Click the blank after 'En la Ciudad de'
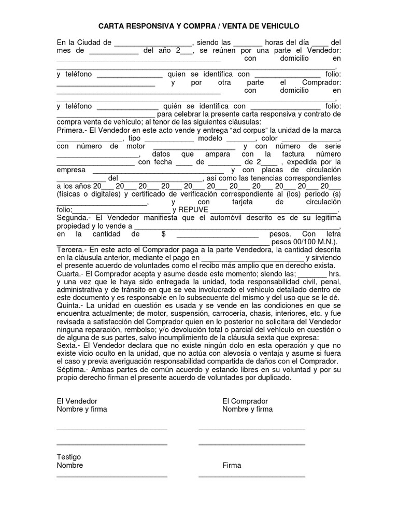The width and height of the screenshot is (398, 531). pyautogui.click(x=153, y=43)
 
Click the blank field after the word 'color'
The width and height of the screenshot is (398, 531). pyautogui.click(x=310, y=139)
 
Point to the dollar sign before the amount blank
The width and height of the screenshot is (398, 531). pyautogui.click(x=163, y=234)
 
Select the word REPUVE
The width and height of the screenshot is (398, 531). pyautogui.click(x=193, y=210)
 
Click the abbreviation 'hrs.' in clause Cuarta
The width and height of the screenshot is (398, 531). pyautogui.click(x=335, y=274)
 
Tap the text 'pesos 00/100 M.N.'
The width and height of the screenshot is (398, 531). pyautogui.click(x=304, y=242)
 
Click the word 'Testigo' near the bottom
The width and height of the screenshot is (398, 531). pyautogui.click(x=68, y=457)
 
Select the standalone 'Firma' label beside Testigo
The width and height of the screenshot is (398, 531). pyautogui.click(x=232, y=465)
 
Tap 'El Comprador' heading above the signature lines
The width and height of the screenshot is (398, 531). pyautogui.click(x=245, y=401)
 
